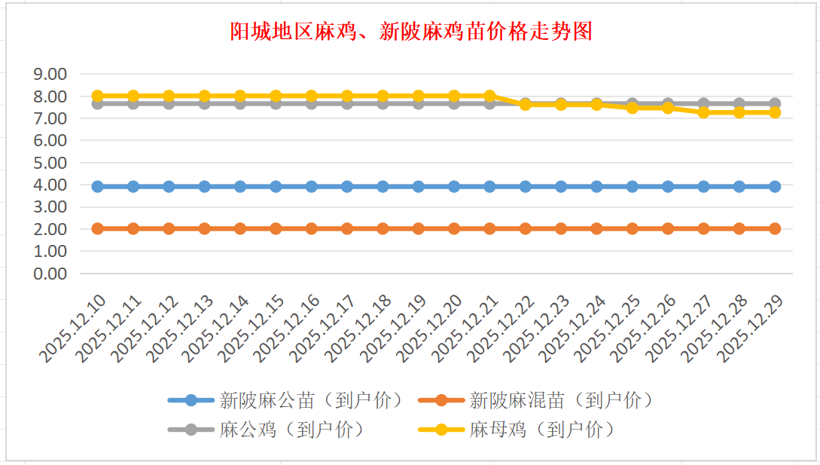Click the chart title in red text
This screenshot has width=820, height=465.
pyautogui.click(x=411, y=32)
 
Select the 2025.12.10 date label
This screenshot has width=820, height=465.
pyautogui.click(x=73, y=329)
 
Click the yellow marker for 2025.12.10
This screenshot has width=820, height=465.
pyautogui.click(x=97, y=96)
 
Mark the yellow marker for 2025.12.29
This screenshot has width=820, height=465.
pyautogui.click(x=775, y=112)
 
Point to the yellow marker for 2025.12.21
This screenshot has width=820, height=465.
pyautogui.click(x=489, y=96)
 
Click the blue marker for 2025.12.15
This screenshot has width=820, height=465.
pyautogui.click(x=276, y=186)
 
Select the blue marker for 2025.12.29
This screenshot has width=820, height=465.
pyautogui.click(x=775, y=186)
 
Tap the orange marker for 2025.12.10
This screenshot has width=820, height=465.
pyautogui.click(x=97, y=228)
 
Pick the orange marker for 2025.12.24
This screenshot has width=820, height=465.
pyautogui.click(x=596, y=228)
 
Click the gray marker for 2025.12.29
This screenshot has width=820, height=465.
pyautogui.click(x=775, y=103)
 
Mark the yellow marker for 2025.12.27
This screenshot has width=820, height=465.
pyautogui.click(x=703, y=112)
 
